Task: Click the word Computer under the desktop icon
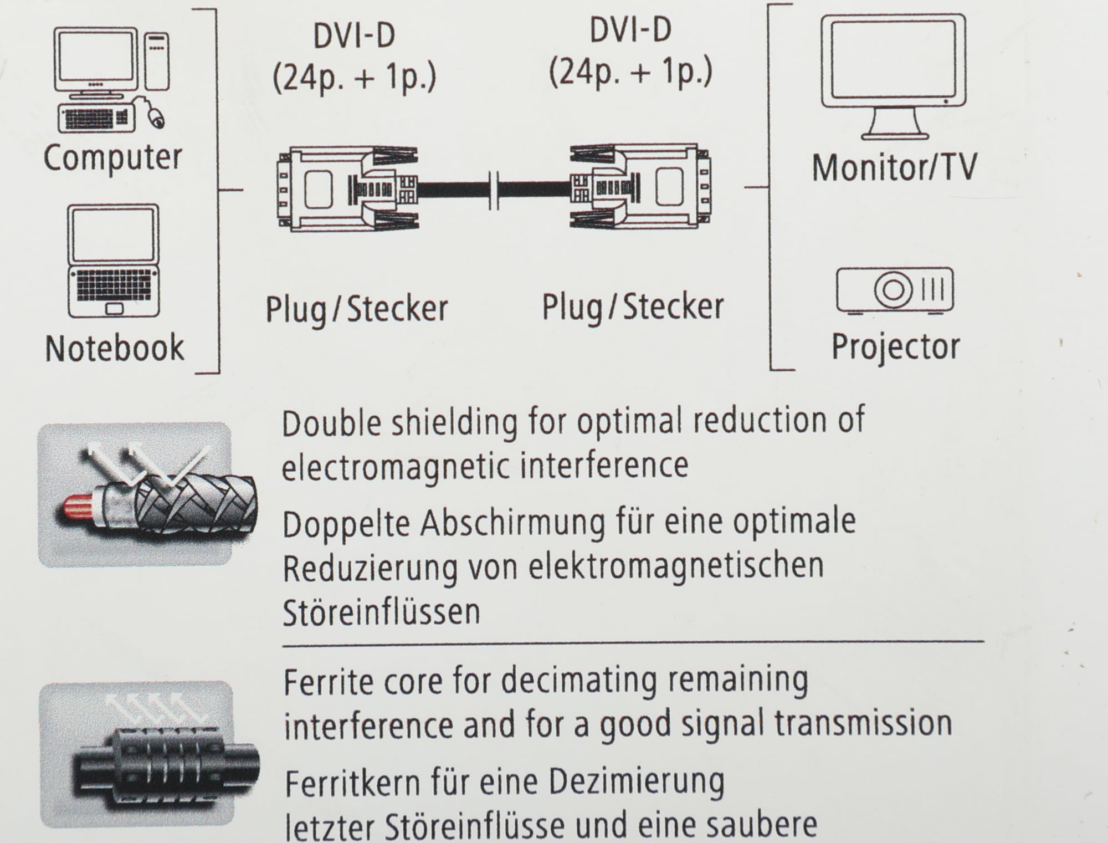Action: (x=112, y=158)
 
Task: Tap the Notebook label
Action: (x=114, y=348)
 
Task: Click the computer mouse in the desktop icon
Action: (x=156, y=117)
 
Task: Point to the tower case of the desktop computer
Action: (x=157, y=61)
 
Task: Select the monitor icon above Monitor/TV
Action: (x=894, y=76)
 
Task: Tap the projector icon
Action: (x=895, y=291)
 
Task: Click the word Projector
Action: (x=896, y=347)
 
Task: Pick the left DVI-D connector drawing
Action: (x=347, y=189)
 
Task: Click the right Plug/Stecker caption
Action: (x=633, y=308)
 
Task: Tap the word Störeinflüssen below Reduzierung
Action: (x=381, y=611)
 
